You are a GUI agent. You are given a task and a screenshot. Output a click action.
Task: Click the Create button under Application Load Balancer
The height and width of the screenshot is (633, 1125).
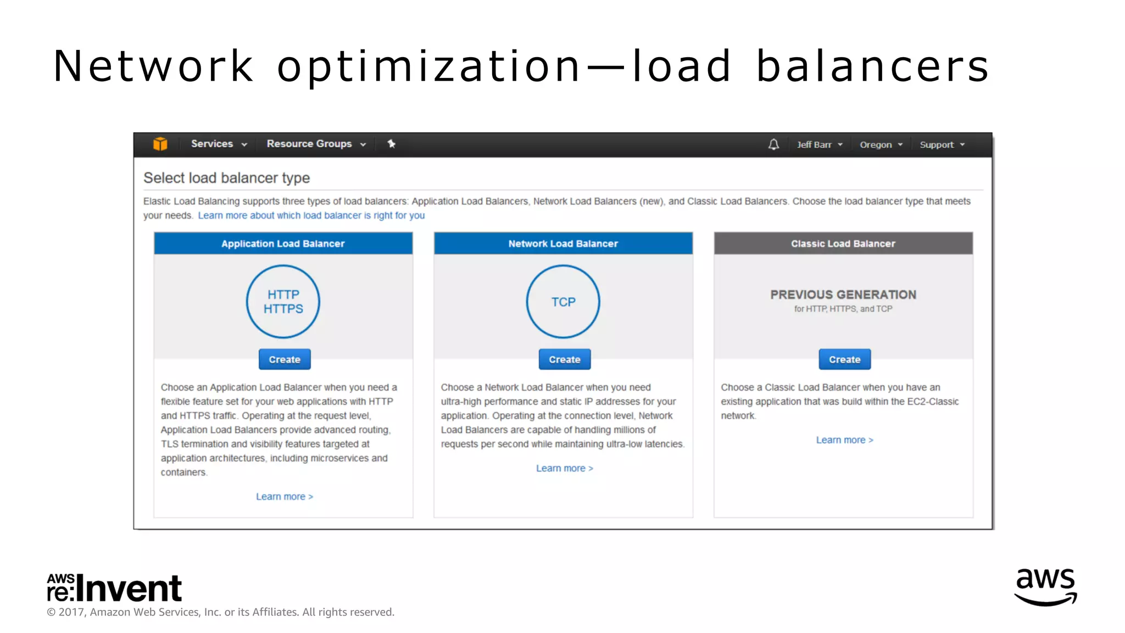click(285, 359)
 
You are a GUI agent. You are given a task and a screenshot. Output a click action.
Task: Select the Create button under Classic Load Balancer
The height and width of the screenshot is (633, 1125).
click(844, 359)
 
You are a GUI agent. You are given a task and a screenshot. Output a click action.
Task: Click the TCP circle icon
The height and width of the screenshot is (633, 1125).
click(563, 302)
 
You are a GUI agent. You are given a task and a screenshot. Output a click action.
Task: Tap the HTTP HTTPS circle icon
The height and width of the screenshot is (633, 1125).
click(283, 302)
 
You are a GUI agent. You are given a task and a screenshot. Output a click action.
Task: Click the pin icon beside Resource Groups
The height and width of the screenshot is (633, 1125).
click(391, 144)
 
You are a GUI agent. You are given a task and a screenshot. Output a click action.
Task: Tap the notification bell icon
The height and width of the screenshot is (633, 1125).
click(773, 145)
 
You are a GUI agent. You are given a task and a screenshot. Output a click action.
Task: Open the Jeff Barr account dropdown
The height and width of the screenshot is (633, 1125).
click(819, 145)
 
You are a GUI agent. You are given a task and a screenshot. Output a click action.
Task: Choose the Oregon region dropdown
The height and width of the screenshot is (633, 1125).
click(881, 145)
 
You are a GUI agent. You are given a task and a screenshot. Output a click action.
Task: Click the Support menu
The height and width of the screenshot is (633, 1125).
click(942, 145)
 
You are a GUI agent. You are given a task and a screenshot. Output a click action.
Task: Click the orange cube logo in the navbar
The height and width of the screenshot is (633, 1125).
click(160, 144)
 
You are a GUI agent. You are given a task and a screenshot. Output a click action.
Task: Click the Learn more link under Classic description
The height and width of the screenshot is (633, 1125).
click(844, 440)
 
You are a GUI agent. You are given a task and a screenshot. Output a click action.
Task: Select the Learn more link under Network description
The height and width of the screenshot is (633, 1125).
click(564, 468)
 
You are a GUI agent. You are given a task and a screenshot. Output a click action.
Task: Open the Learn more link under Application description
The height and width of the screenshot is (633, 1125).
click(284, 497)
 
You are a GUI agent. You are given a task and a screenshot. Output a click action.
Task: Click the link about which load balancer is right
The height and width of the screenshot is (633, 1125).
click(311, 215)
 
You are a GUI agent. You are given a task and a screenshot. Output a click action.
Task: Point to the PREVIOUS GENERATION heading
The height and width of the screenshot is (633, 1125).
click(843, 295)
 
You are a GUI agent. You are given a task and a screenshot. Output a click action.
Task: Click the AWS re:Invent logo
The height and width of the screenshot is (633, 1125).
click(114, 588)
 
